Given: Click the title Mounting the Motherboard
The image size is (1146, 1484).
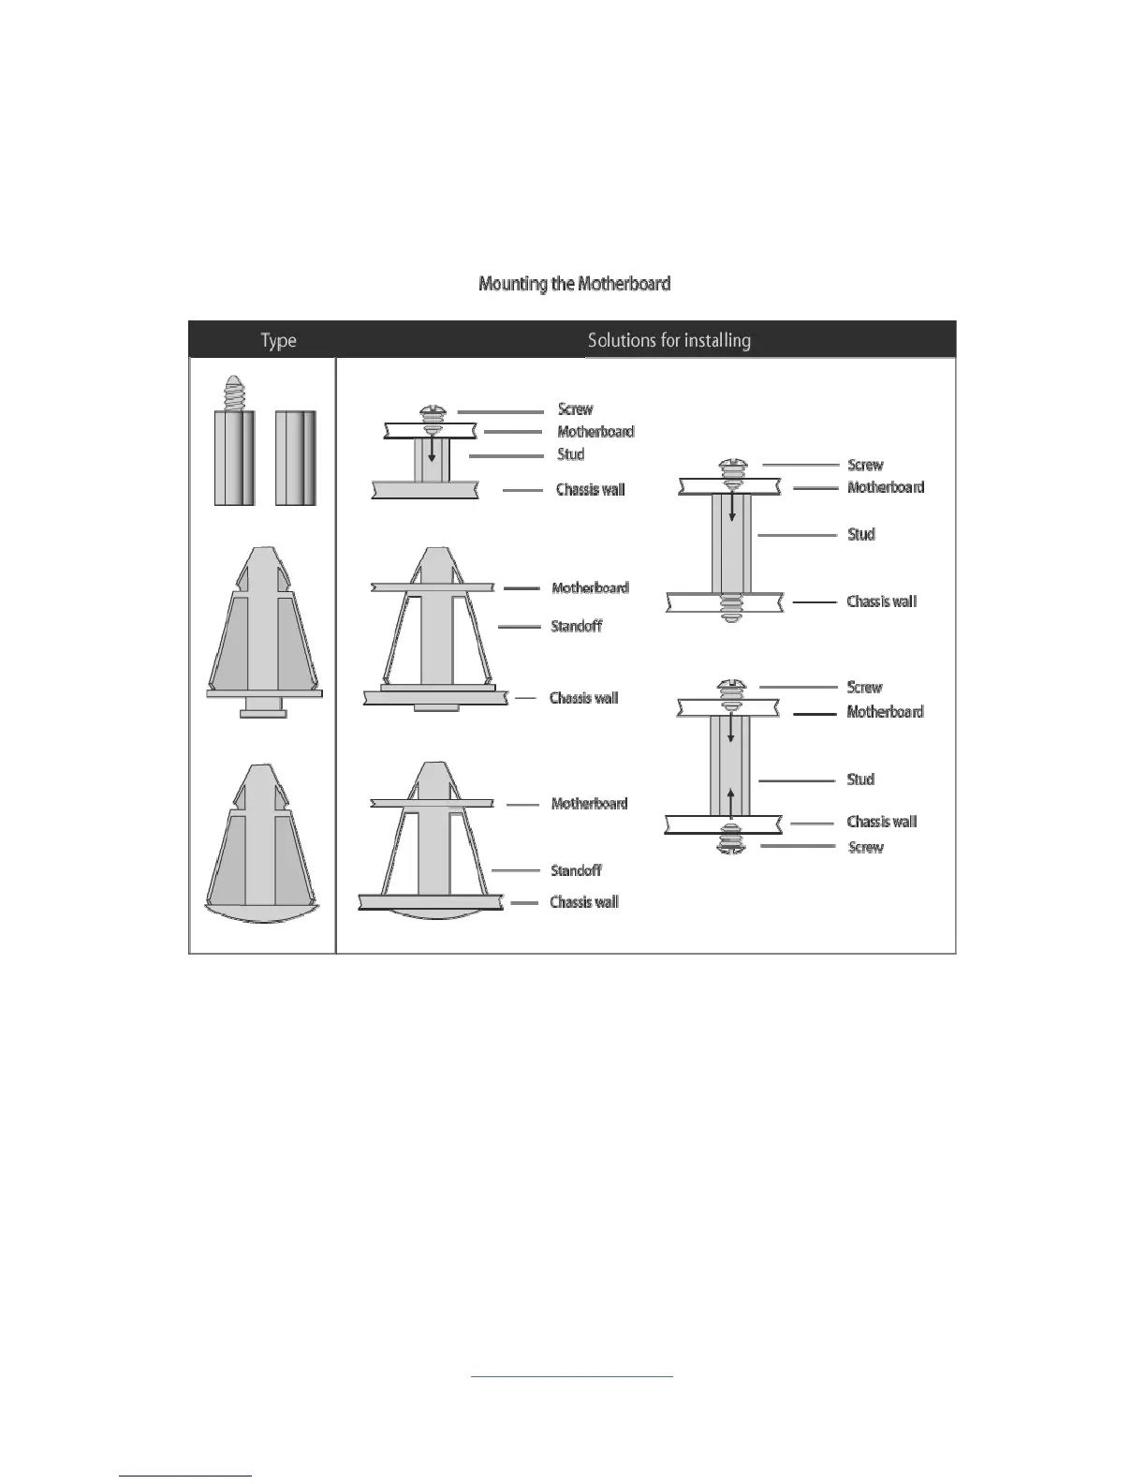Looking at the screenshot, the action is tap(574, 283).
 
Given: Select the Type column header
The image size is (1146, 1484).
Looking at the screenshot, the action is tap(278, 340).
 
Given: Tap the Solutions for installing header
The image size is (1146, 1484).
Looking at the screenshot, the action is tap(668, 340).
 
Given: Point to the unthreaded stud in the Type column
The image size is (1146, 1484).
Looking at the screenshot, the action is tap(295, 457).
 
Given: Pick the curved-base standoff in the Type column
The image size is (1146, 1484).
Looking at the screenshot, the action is tap(261, 843).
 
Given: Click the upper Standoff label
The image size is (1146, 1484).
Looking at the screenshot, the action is tap(576, 626).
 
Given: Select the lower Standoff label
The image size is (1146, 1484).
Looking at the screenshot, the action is tap(576, 870).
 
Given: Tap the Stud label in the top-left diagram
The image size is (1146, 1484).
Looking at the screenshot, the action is tap(570, 454).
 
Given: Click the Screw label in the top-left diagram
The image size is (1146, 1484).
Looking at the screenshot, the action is tap(575, 409).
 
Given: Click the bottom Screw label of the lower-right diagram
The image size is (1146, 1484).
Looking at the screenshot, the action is tap(865, 847).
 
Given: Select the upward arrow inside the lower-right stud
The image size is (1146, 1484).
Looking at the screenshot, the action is tap(731, 801).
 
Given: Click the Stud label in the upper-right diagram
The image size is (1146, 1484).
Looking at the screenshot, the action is tap(860, 534).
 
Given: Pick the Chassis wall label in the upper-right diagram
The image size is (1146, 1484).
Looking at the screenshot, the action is tap(881, 601).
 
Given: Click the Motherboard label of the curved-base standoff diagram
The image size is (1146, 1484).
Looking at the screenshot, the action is tap(589, 804).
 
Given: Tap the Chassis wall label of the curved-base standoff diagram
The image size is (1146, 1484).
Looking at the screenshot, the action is tap(584, 902).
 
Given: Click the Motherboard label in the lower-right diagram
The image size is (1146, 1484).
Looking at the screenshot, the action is tap(885, 712).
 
